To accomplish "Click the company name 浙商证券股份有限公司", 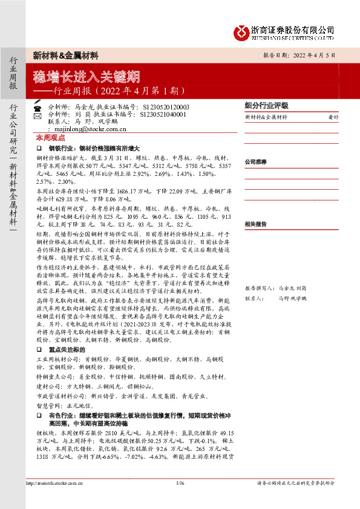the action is pyautogui.click(x=293, y=30).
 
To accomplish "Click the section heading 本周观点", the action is pyautogui.click(x=50, y=138).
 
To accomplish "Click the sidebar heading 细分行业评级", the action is pyautogui.click(x=266, y=105).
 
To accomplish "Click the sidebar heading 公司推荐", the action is pyautogui.click(x=256, y=162).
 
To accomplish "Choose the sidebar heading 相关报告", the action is pyautogui.click(x=256, y=224).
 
